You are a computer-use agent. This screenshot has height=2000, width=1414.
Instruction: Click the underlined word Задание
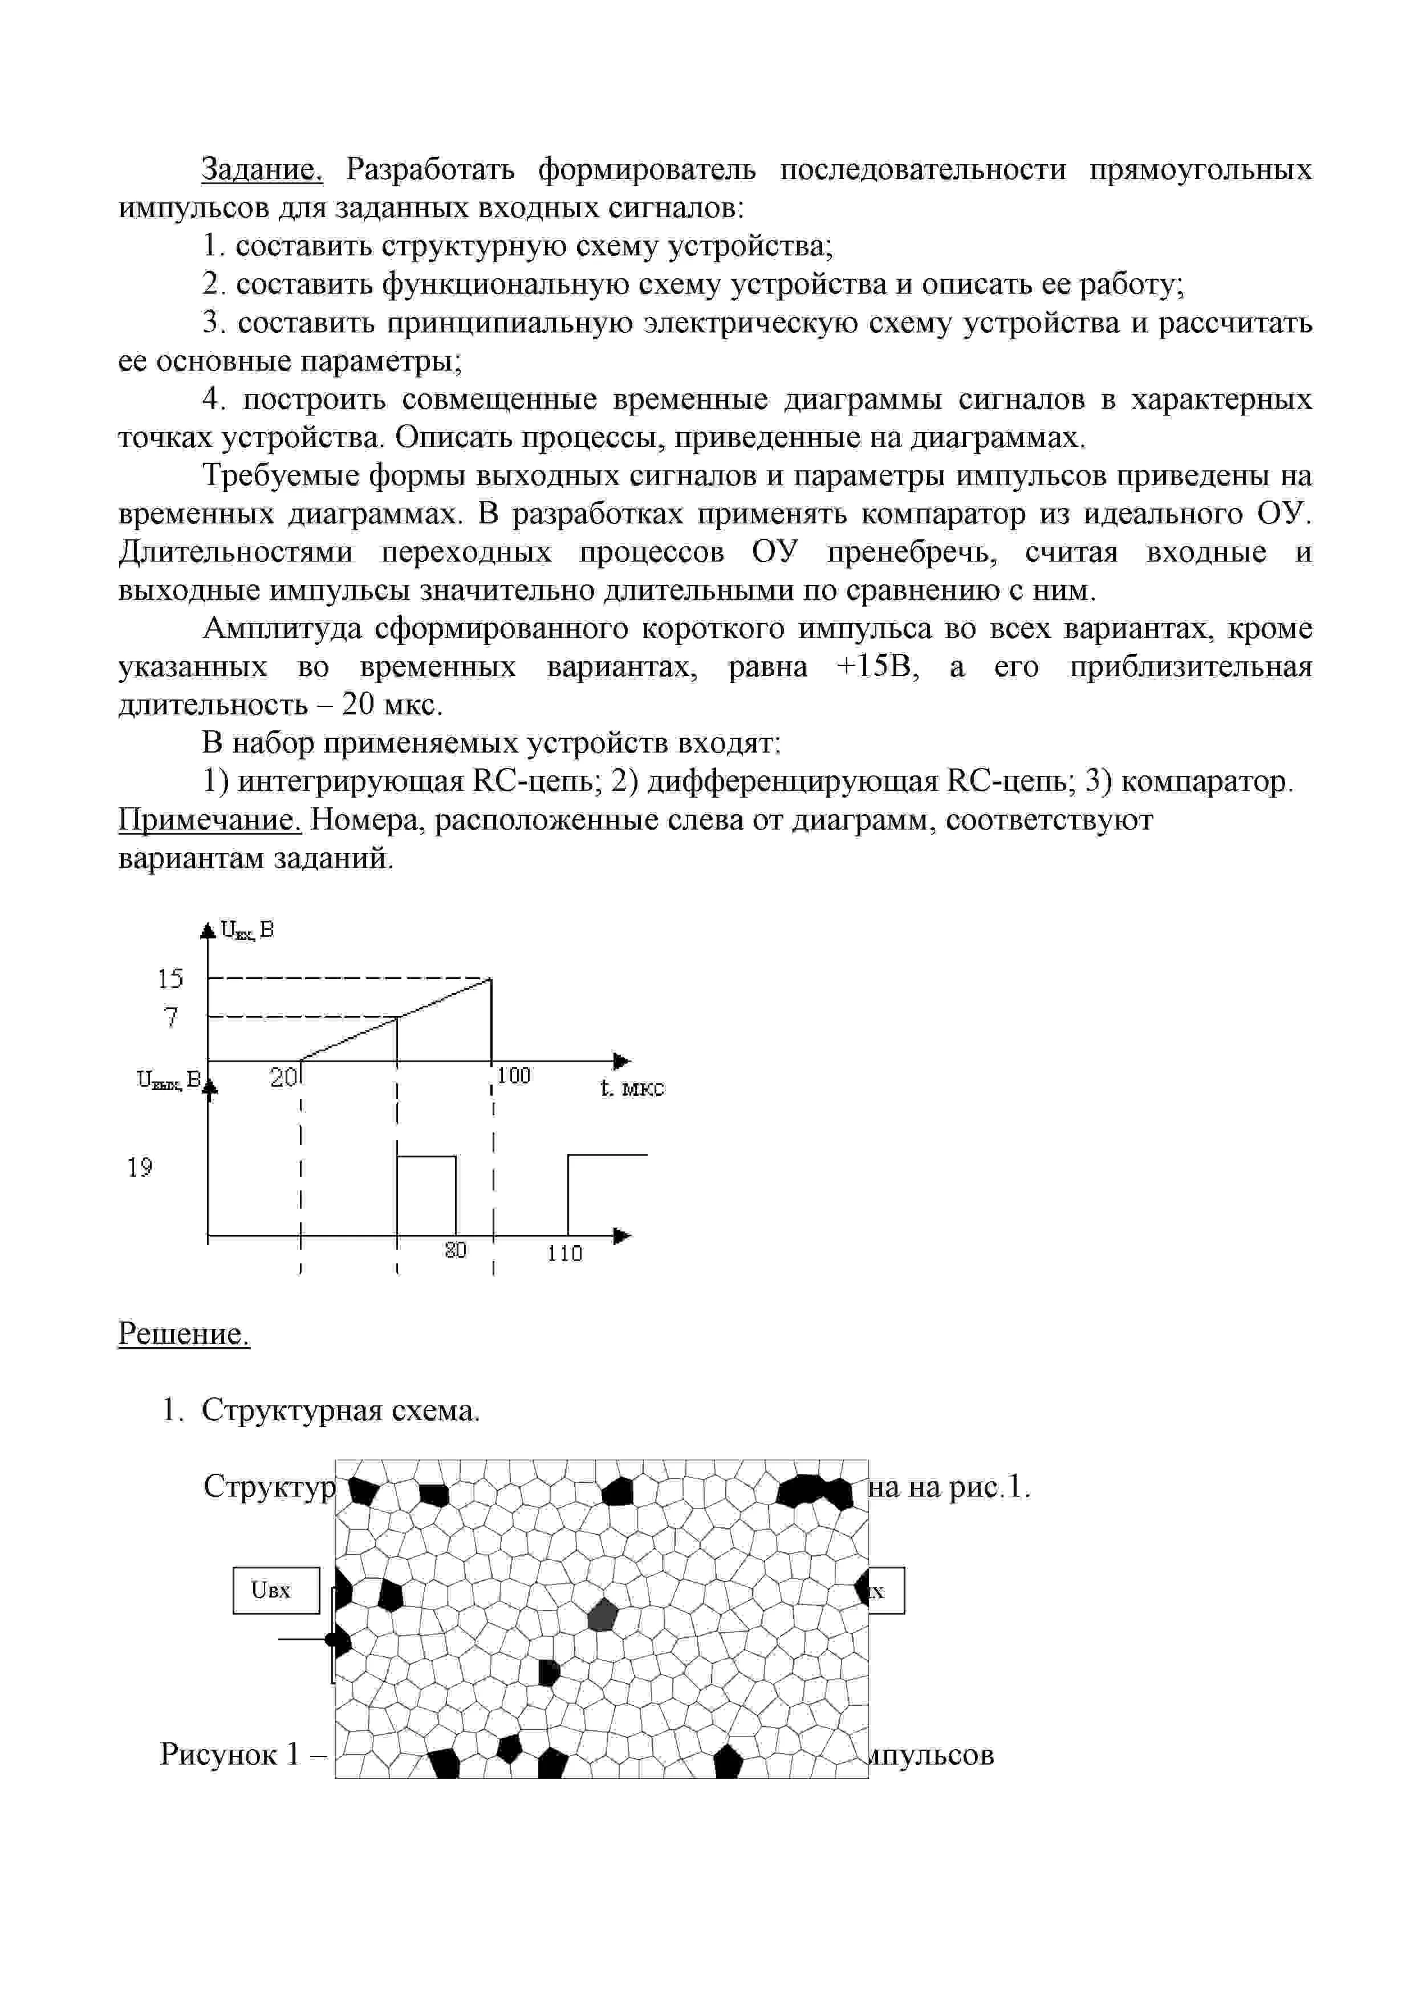pos(261,169)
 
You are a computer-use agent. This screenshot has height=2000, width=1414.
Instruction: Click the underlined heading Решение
pos(184,1333)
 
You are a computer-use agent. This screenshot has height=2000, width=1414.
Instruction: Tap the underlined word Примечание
pos(209,820)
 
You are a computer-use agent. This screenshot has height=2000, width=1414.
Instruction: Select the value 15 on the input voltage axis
pos(170,979)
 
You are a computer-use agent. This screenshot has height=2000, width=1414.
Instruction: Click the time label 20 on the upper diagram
pos(283,1079)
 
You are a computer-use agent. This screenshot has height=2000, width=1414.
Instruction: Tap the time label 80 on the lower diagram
pos(456,1250)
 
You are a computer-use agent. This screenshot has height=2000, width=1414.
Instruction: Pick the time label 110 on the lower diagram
pos(564,1254)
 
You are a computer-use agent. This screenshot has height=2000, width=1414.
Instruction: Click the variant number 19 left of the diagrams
pos(140,1167)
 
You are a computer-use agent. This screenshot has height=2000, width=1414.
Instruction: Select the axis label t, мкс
pos(632,1088)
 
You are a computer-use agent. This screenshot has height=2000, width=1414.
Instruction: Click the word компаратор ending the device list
pos(1203,782)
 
